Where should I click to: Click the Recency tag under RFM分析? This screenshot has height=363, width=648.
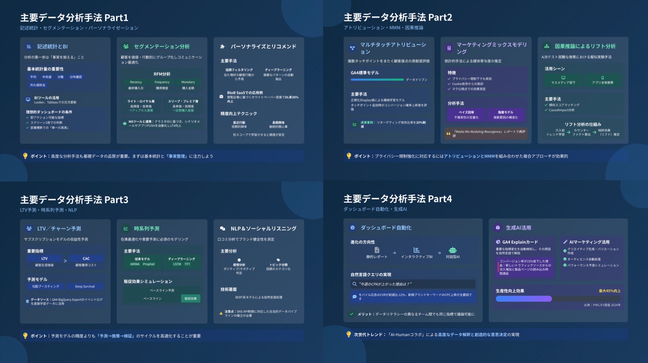pyautogui.click(x=136, y=82)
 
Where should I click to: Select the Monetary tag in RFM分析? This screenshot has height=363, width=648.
pyautogui.click(x=188, y=82)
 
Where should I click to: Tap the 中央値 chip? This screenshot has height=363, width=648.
pyautogui.click(x=47, y=77)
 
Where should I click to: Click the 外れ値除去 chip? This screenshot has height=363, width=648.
pyautogui.click(x=38, y=85)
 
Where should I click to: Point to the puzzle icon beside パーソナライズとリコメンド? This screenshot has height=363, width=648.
pyautogui.click(x=223, y=47)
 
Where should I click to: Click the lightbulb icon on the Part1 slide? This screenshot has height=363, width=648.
pyautogui.click(x=25, y=156)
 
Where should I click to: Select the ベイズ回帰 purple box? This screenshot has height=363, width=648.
pyautogui.click(x=466, y=115)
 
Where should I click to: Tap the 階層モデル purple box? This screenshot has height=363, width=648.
pyautogui.click(x=506, y=115)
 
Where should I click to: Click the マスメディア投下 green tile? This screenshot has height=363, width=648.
pyautogui.click(x=563, y=80)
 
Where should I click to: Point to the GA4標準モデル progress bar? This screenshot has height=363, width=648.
pyautogui.click(x=377, y=80)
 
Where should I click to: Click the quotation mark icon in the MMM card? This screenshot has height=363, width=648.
pyautogui.click(x=449, y=134)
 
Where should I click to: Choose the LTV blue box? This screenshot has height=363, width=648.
pyautogui.click(x=44, y=259)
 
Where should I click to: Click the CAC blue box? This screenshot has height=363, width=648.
pyautogui.click(x=86, y=259)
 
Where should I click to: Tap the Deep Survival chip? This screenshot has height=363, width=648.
pyautogui.click(x=85, y=286)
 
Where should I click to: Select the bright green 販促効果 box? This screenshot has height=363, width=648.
pyautogui.click(x=190, y=298)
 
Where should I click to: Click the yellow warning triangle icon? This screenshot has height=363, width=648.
pyautogui.click(x=221, y=313)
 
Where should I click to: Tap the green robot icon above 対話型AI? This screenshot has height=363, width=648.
pyautogui.click(x=452, y=250)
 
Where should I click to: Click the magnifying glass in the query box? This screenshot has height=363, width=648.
pyautogui.click(x=354, y=284)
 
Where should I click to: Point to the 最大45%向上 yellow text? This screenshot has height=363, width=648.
pyautogui.click(x=609, y=291)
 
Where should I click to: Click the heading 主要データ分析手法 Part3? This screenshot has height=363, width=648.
pyautogui.click(x=74, y=199)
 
